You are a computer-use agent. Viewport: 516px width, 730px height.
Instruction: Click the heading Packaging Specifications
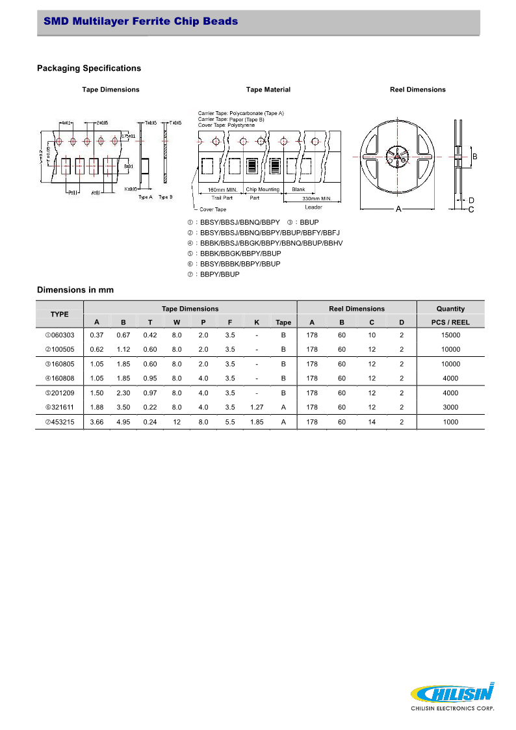(x=89, y=68)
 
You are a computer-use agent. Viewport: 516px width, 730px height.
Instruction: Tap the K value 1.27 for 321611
(x=257, y=407)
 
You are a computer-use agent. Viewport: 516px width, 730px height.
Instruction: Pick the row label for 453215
(x=60, y=422)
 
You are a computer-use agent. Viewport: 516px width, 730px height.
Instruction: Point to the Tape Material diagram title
(x=268, y=90)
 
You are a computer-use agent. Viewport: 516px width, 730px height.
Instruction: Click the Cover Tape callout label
(x=213, y=209)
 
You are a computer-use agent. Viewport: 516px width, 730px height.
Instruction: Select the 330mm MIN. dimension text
(x=316, y=199)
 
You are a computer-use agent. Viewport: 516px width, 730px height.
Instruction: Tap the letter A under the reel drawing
(x=398, y=209)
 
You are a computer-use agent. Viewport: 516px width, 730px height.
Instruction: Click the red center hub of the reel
(x=397, y=156)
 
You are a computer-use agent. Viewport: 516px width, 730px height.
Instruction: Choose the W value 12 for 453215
(x=177, y=422)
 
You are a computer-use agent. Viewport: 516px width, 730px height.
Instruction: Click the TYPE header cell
(x=60, y=315)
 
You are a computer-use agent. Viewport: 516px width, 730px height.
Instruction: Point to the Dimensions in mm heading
(x=75, y=290)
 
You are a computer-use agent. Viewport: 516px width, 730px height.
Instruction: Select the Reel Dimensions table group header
(x=357, y=309)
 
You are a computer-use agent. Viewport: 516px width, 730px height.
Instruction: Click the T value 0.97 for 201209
(x=150, y=393)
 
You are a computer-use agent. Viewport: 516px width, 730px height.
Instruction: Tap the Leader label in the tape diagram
(x=313, y=207)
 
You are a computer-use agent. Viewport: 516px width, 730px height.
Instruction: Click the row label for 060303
(x=60, y=335)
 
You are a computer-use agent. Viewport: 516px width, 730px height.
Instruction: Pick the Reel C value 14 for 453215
(x=372, y=422)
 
